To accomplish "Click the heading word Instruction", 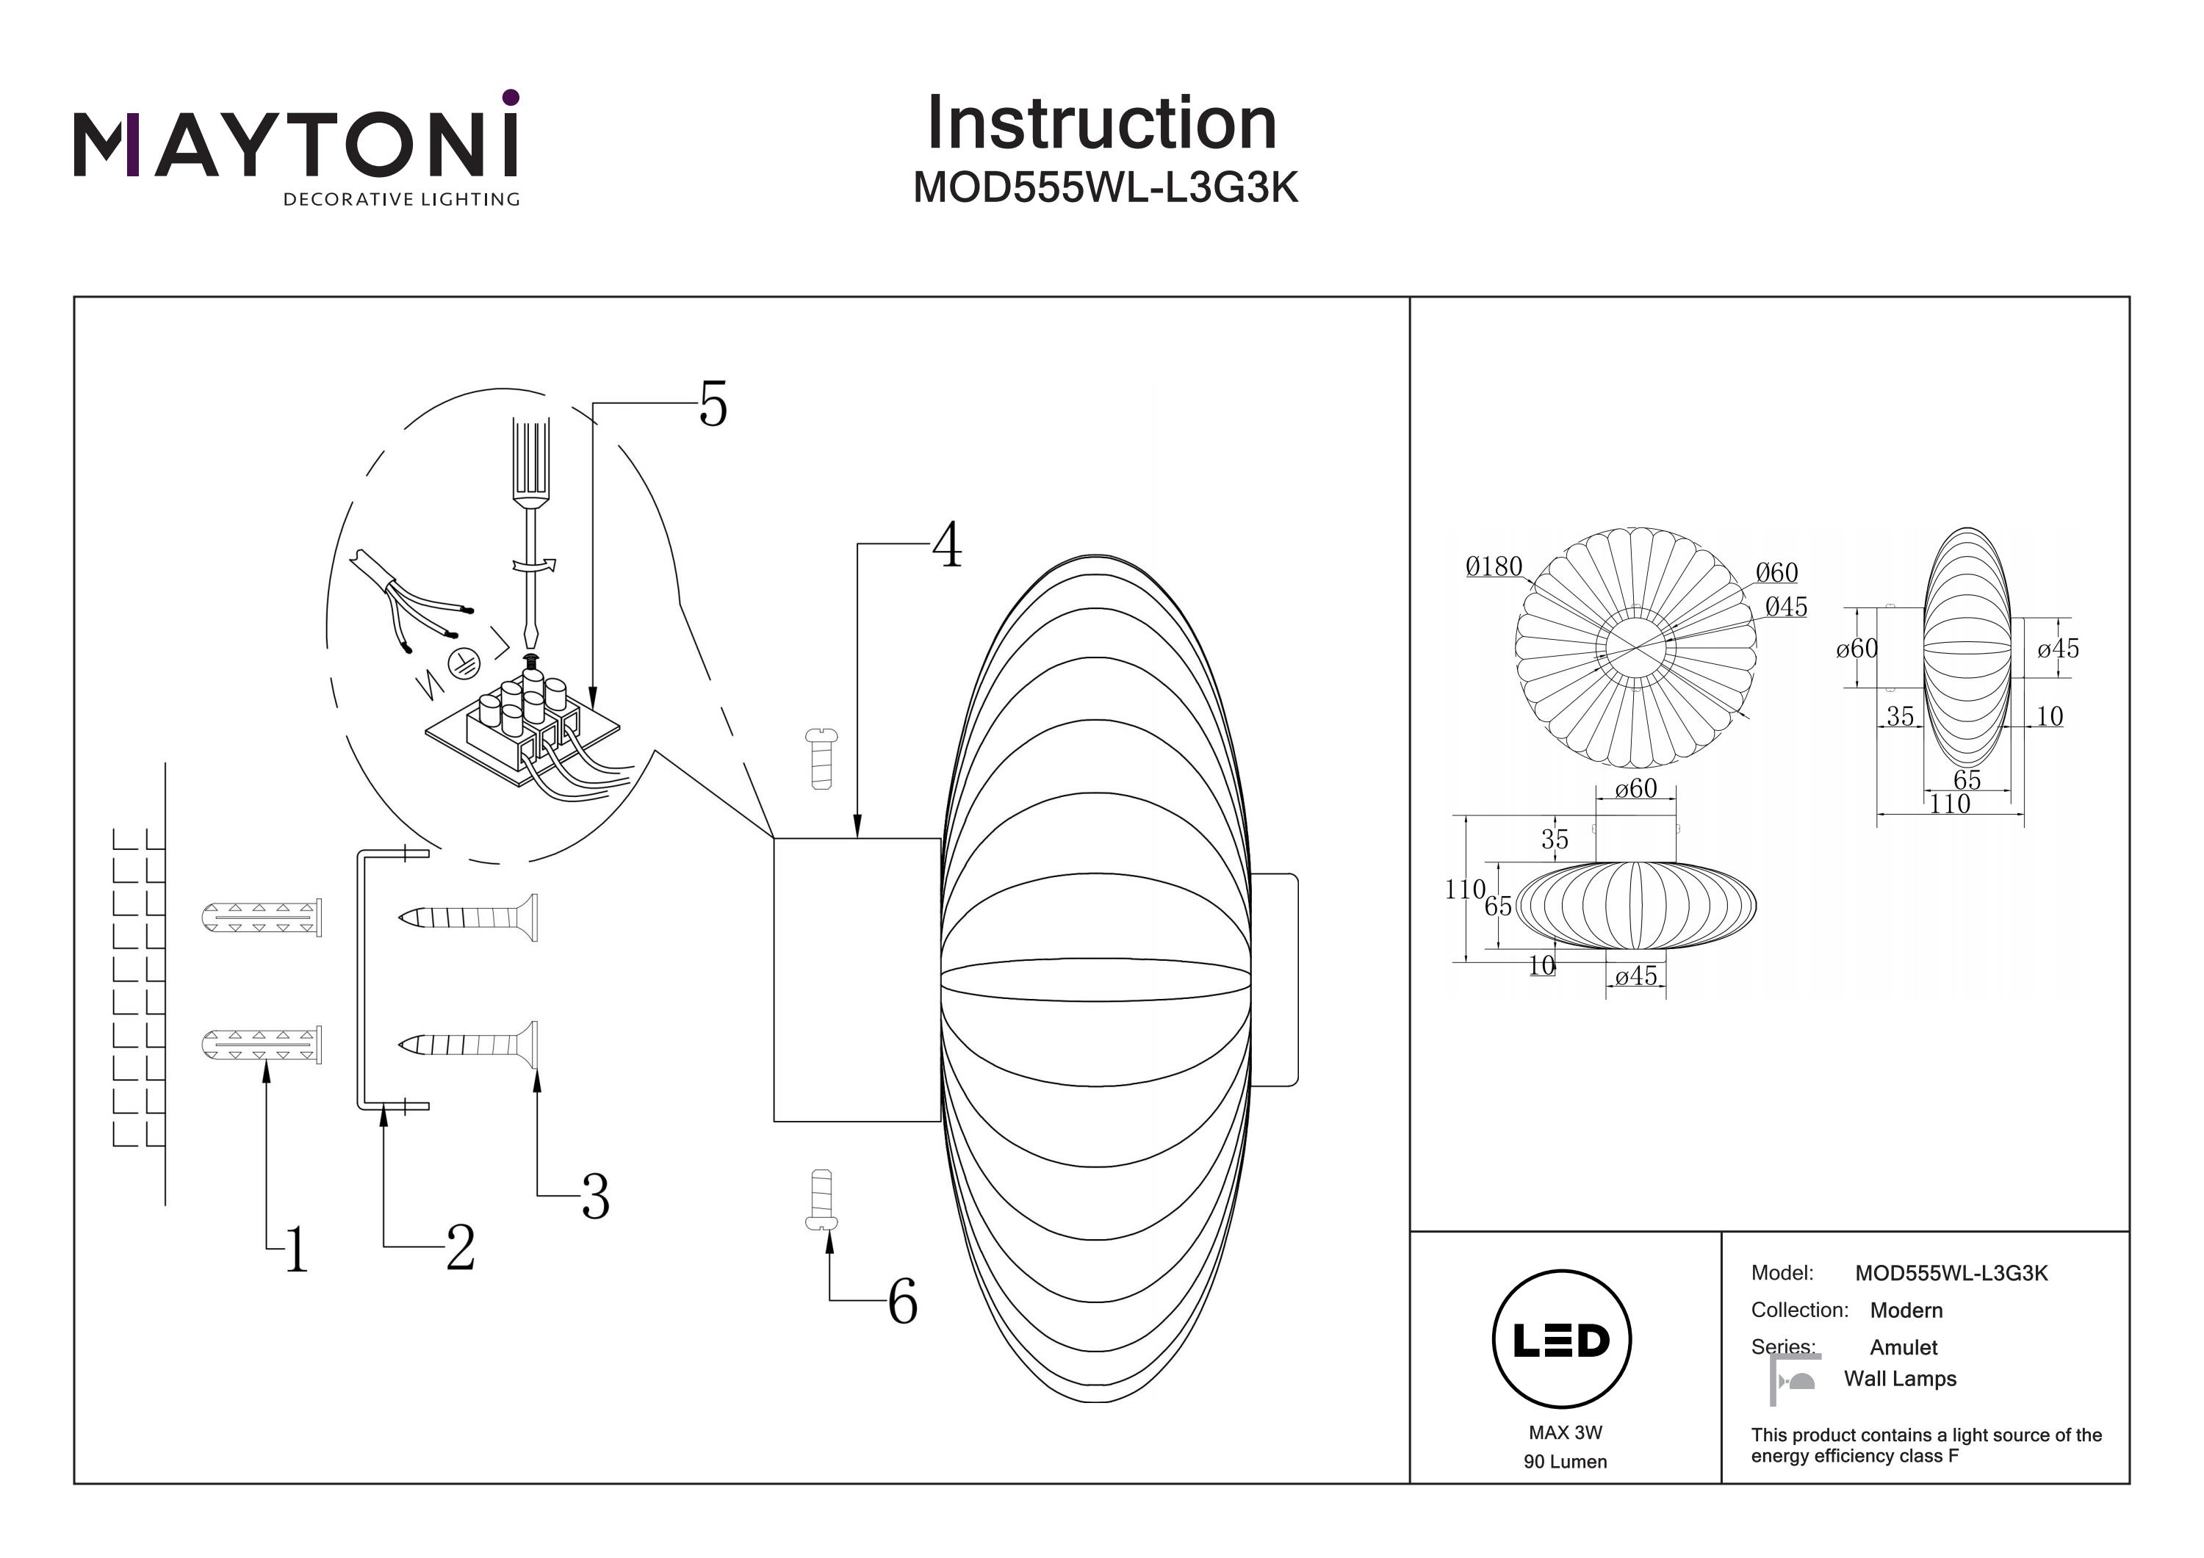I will click(x=1101, y=124).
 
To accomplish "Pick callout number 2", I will click(x=461, y=1248).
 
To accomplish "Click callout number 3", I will click(x=595, y=1197).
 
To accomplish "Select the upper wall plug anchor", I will click(x=261, y=917).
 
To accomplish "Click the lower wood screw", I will click(x=469, y=1045).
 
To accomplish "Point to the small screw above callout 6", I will click(x=821, y=1200).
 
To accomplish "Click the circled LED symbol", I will click(x=1562, y=1340).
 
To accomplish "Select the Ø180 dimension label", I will click(x=1494, y=567).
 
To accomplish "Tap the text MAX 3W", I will click(x=1565, y=1432).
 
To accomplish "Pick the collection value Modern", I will click(x=1906, y=1310).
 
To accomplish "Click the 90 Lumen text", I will click(x=1565, y=1461).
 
